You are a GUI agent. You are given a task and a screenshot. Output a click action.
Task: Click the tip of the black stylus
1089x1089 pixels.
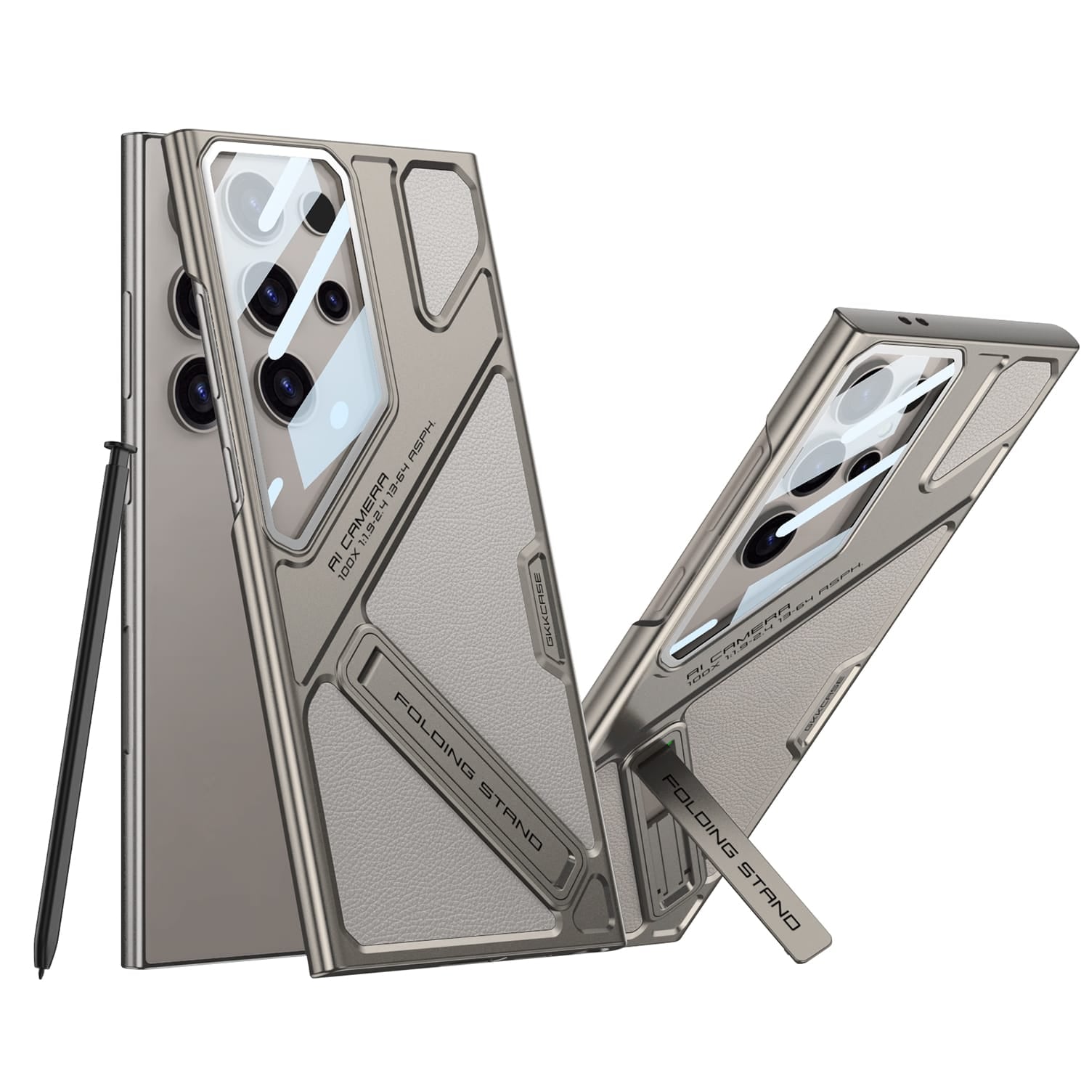tap(38, 967)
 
